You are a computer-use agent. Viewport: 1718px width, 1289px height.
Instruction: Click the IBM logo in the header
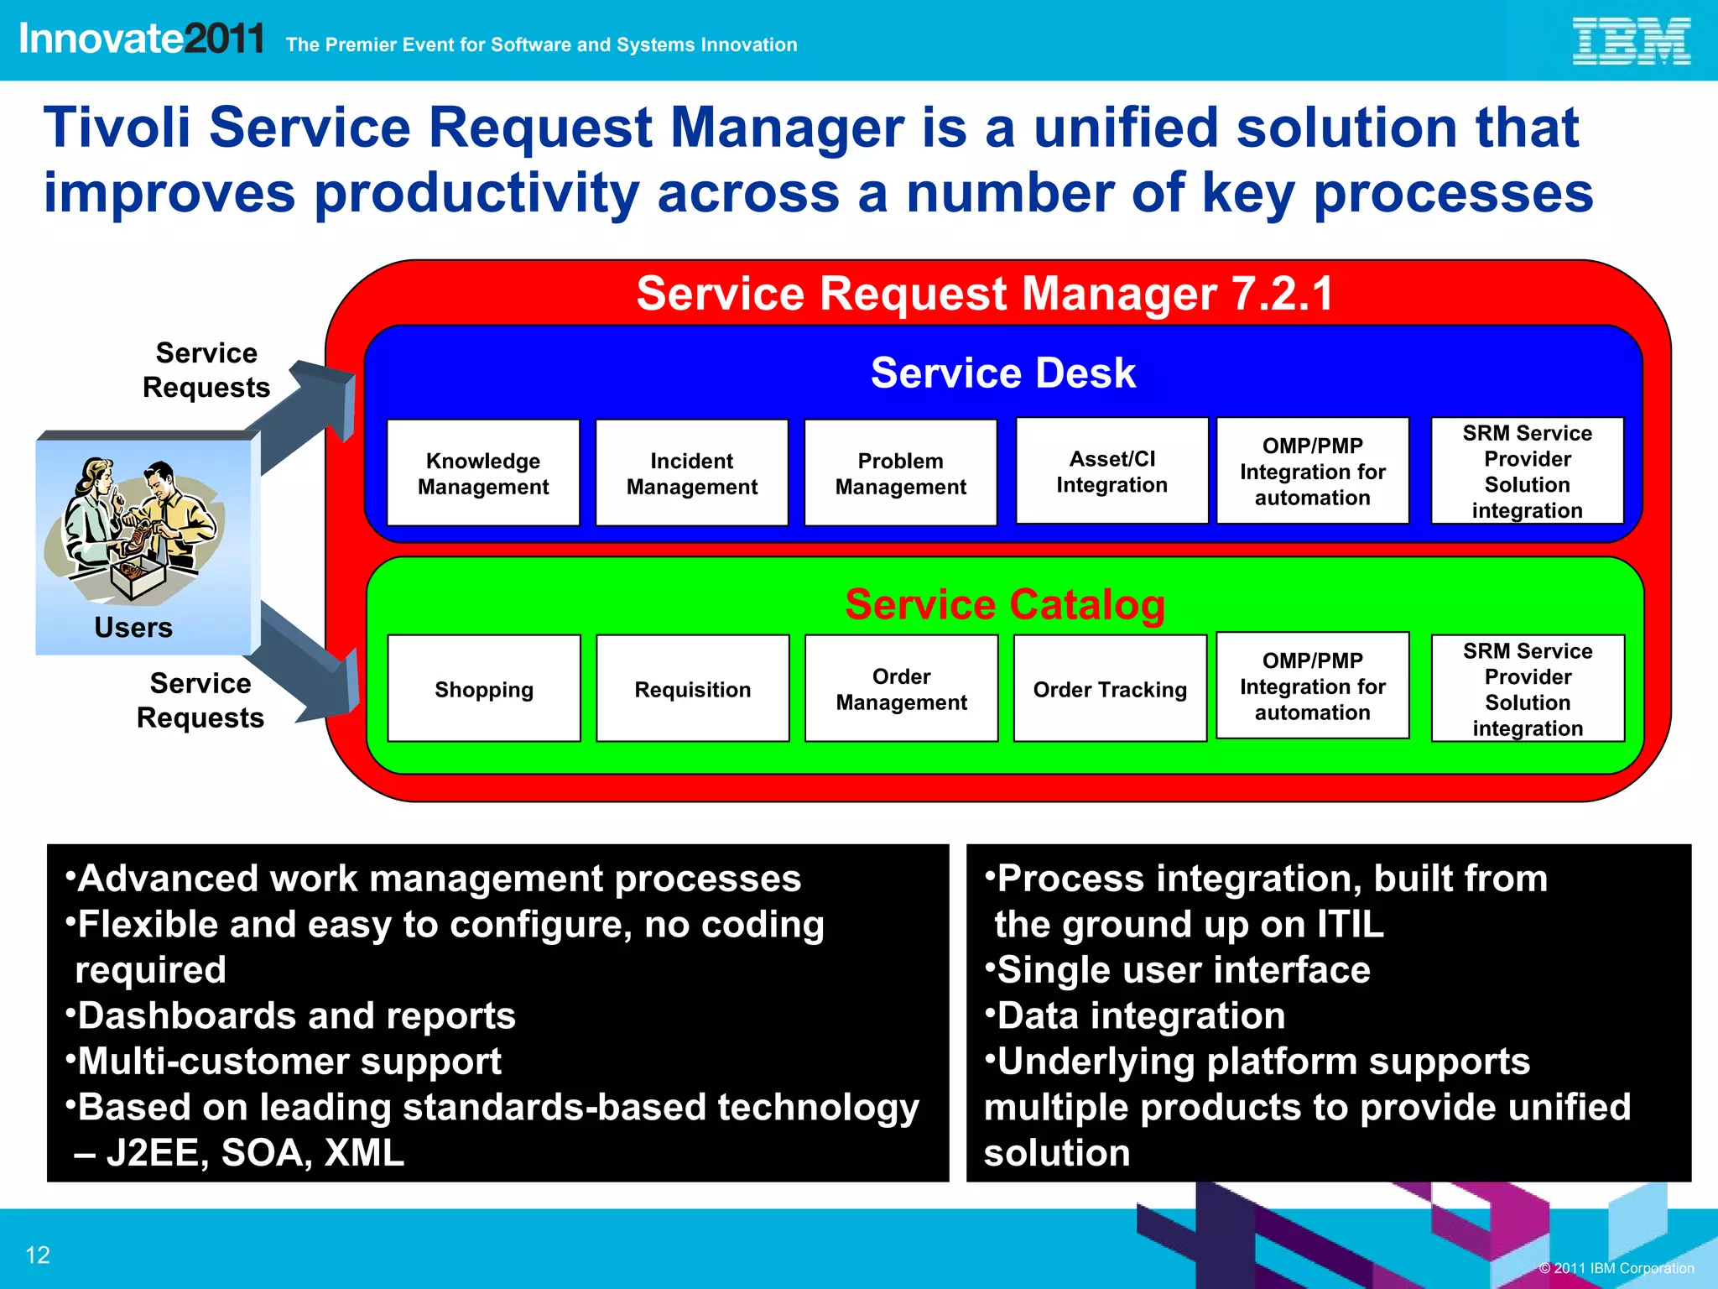[x=1630, y=41]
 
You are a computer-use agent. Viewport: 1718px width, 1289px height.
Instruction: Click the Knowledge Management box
[x=483, y=473]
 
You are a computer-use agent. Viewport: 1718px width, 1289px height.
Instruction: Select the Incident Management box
[x=691, y=473]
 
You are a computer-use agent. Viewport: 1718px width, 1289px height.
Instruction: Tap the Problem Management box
[x=900, y=473]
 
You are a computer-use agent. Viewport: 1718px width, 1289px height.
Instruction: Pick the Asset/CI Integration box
[x=1111, y=472]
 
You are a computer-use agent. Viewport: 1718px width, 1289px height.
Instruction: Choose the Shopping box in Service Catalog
[x=484, y=689]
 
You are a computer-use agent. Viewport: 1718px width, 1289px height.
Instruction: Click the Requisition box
[x=692, y=689]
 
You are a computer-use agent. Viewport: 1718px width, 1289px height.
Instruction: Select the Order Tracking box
[x=1110, y=689]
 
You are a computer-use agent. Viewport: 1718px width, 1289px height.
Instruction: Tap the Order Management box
[x=901, y=689]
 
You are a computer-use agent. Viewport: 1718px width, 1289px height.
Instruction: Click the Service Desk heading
[x=1002, y=373]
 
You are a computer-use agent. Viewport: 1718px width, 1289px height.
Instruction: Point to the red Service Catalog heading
[x=1004, y=604]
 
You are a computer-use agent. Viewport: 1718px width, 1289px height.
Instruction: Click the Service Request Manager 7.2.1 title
[x=984, y=294]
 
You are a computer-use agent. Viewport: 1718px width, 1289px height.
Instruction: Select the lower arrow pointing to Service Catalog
[x=310, y=663]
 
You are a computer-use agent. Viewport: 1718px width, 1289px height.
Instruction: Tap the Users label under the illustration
[x=133, y=628]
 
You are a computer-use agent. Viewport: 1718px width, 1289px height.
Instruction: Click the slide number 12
[x=38, y=1255]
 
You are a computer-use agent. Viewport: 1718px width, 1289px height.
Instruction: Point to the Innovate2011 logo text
[x=141, y=39]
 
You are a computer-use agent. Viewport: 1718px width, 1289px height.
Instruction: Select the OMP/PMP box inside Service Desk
[x=1312, y=472]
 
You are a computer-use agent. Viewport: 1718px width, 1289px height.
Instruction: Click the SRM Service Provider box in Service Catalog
[x=1527, y=689]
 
